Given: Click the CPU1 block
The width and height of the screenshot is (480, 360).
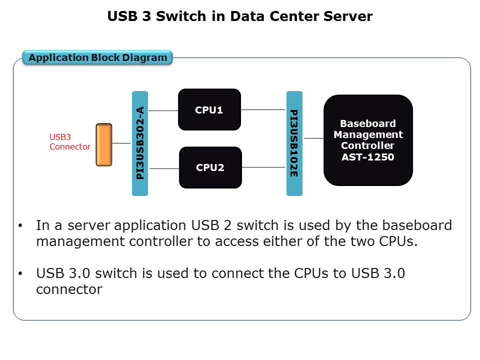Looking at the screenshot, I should click(x=209, y=109).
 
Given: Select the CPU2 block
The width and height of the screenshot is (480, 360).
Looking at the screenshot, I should click(x=210, y=167).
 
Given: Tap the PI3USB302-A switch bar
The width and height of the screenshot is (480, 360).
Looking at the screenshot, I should click(x=140, y=143).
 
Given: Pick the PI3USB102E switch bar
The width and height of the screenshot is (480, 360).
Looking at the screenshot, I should click(x=294, y=143).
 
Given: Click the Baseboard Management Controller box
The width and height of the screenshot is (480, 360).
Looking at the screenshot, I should click(x=368, y=140).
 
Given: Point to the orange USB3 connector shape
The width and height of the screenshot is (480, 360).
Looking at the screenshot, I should click(x=104, y=144).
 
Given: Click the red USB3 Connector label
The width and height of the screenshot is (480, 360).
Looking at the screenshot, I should click(x=69, y=141).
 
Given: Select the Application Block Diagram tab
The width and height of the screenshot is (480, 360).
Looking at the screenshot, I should click(x=98, y=57).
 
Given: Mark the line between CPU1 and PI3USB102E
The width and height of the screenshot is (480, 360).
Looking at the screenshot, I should click(x=263, y=109).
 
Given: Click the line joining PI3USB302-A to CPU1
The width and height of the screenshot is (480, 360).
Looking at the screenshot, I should click(x=163, y=110).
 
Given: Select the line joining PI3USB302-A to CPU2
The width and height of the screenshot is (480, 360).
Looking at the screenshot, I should click(x=164, y=168).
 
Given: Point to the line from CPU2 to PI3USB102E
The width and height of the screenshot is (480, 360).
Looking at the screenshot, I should click(x=264, y=167).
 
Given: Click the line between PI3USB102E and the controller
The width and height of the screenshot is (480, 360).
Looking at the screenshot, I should click(x=313, y=138).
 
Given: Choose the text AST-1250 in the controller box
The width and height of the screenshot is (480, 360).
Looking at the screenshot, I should click(x=368, y=157).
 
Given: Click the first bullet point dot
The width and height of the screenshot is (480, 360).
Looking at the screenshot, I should click(x=20, y=226).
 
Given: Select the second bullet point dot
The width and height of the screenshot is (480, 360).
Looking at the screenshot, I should click(x=20, y=274).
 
